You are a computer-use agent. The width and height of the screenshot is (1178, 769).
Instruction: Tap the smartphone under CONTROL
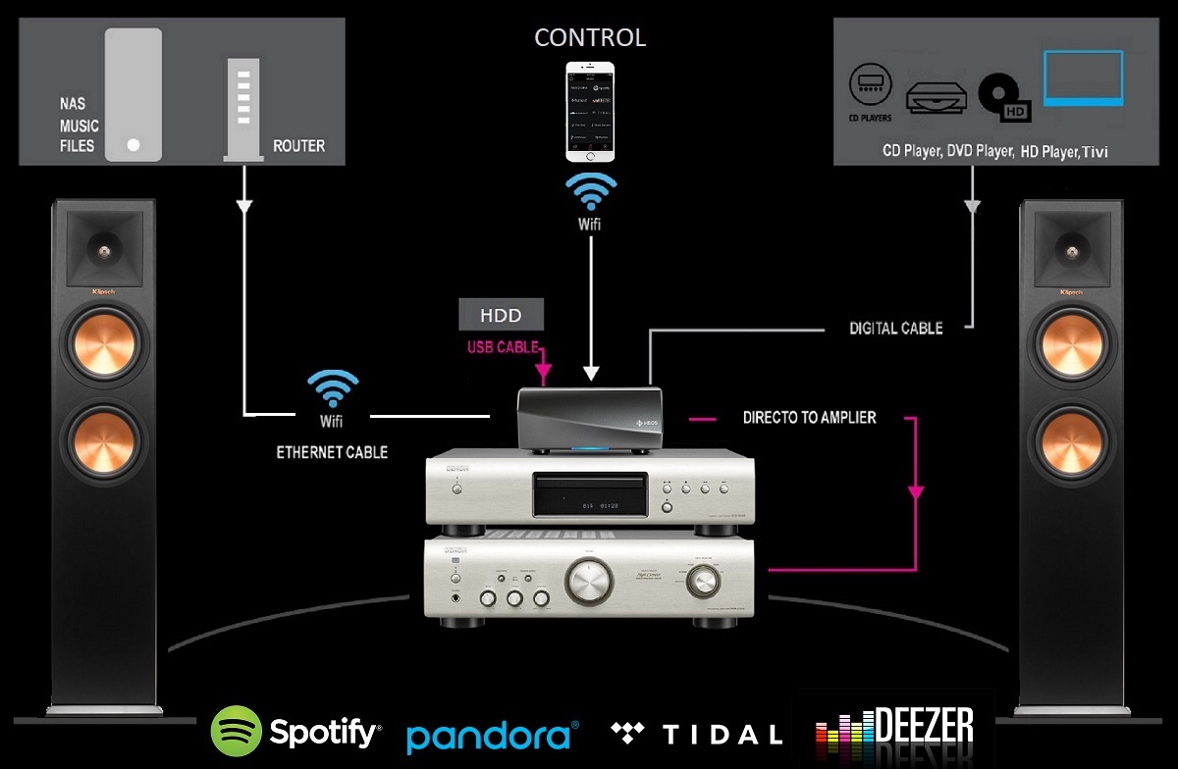pos(590,112)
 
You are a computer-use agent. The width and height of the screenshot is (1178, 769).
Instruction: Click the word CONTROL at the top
pos(590,37)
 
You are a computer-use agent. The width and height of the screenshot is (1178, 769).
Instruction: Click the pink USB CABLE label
pos(504,347)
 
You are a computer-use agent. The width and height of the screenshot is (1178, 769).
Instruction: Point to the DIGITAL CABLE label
pos(895,329)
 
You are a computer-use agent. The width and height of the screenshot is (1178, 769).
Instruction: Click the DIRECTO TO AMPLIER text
pos(810,417)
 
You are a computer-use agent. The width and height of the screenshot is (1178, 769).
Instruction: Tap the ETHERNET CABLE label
pos(332,452)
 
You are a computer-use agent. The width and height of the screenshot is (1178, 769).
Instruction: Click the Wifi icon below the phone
pos(590,193)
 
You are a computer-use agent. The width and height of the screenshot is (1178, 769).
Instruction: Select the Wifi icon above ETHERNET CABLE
pos(332,390)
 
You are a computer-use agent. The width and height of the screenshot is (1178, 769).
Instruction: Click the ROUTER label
pos(298,146)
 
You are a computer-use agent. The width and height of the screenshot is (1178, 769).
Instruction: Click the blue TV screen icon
pos(1082,79)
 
